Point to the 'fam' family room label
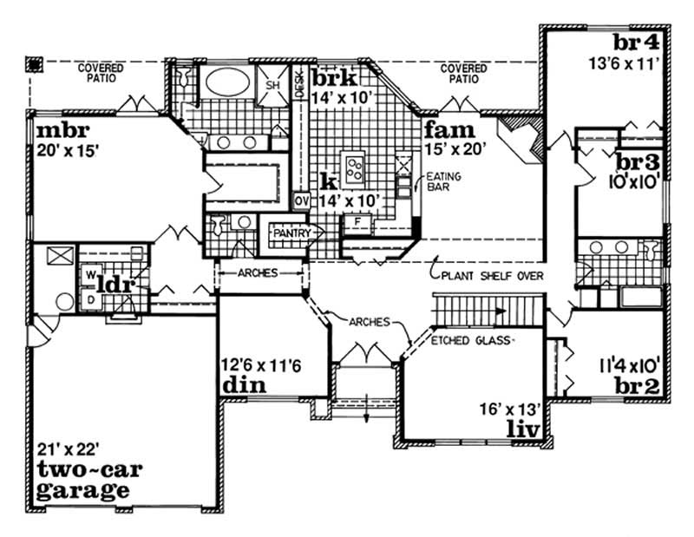point(448,130)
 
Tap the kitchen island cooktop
point(353,167)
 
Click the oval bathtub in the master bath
point(227,86)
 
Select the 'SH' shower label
point(272,85)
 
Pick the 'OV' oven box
point(300,200)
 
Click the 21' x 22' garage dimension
point(67,449)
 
